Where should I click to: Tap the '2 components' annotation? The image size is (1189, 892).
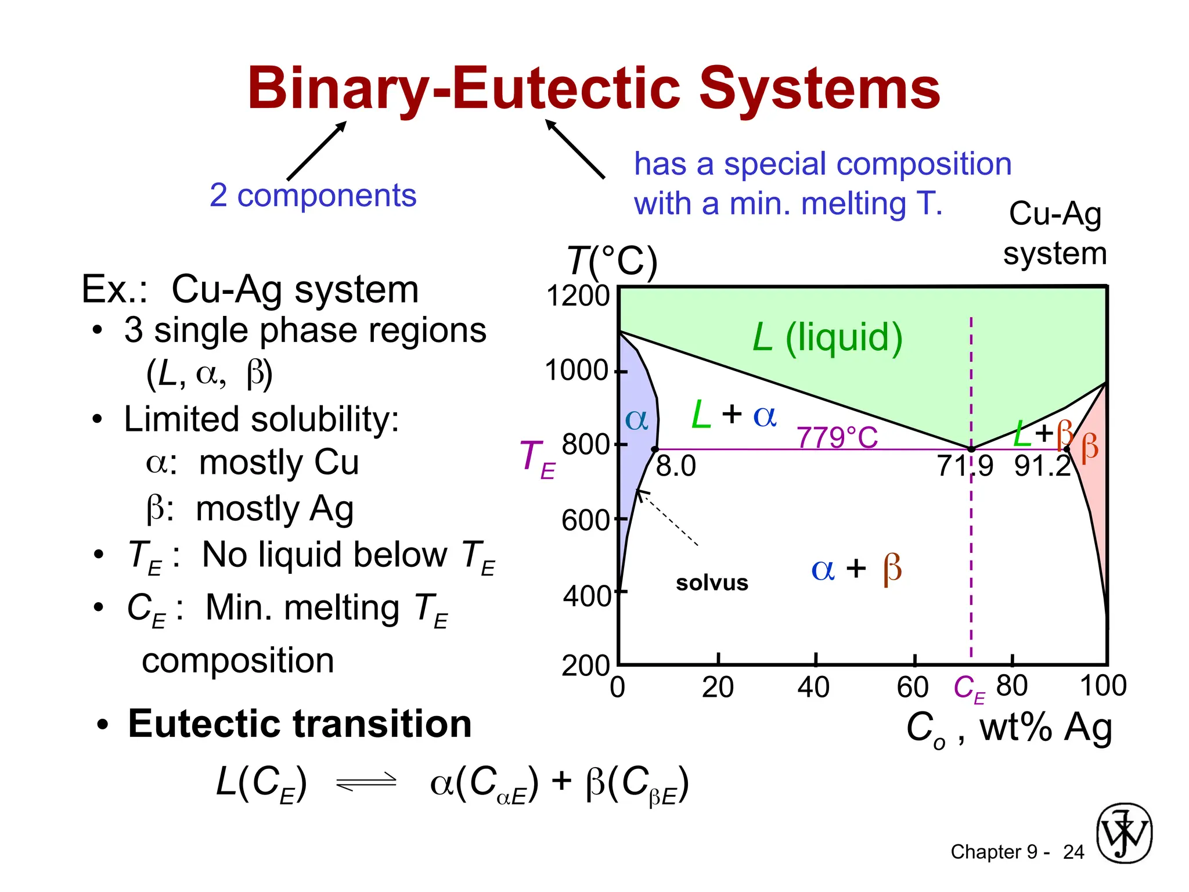[x=313, y=195]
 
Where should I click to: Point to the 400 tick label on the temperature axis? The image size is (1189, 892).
[x=586, y=596]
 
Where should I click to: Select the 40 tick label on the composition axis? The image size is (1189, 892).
[x=813, y=688]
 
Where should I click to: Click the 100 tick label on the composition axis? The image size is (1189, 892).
[x=1102, y=686]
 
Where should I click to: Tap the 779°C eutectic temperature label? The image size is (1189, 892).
[x=837, y=437]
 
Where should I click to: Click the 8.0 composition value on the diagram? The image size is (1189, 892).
[x=676, y=466]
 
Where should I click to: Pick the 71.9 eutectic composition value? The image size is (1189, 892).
[x=965, y=466]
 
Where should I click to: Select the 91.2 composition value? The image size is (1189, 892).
[x=1043, y=466]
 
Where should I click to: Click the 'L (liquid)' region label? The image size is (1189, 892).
[x=827, y=338]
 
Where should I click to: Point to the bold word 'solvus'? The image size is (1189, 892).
[x=712, y=582]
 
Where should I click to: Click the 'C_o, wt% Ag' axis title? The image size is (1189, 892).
[x=1009, y=728]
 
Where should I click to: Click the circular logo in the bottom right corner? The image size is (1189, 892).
[x=1124, y=833]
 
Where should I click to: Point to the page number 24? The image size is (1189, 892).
[x=1073, y=852]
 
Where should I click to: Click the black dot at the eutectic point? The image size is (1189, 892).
[x=971, y=449]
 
